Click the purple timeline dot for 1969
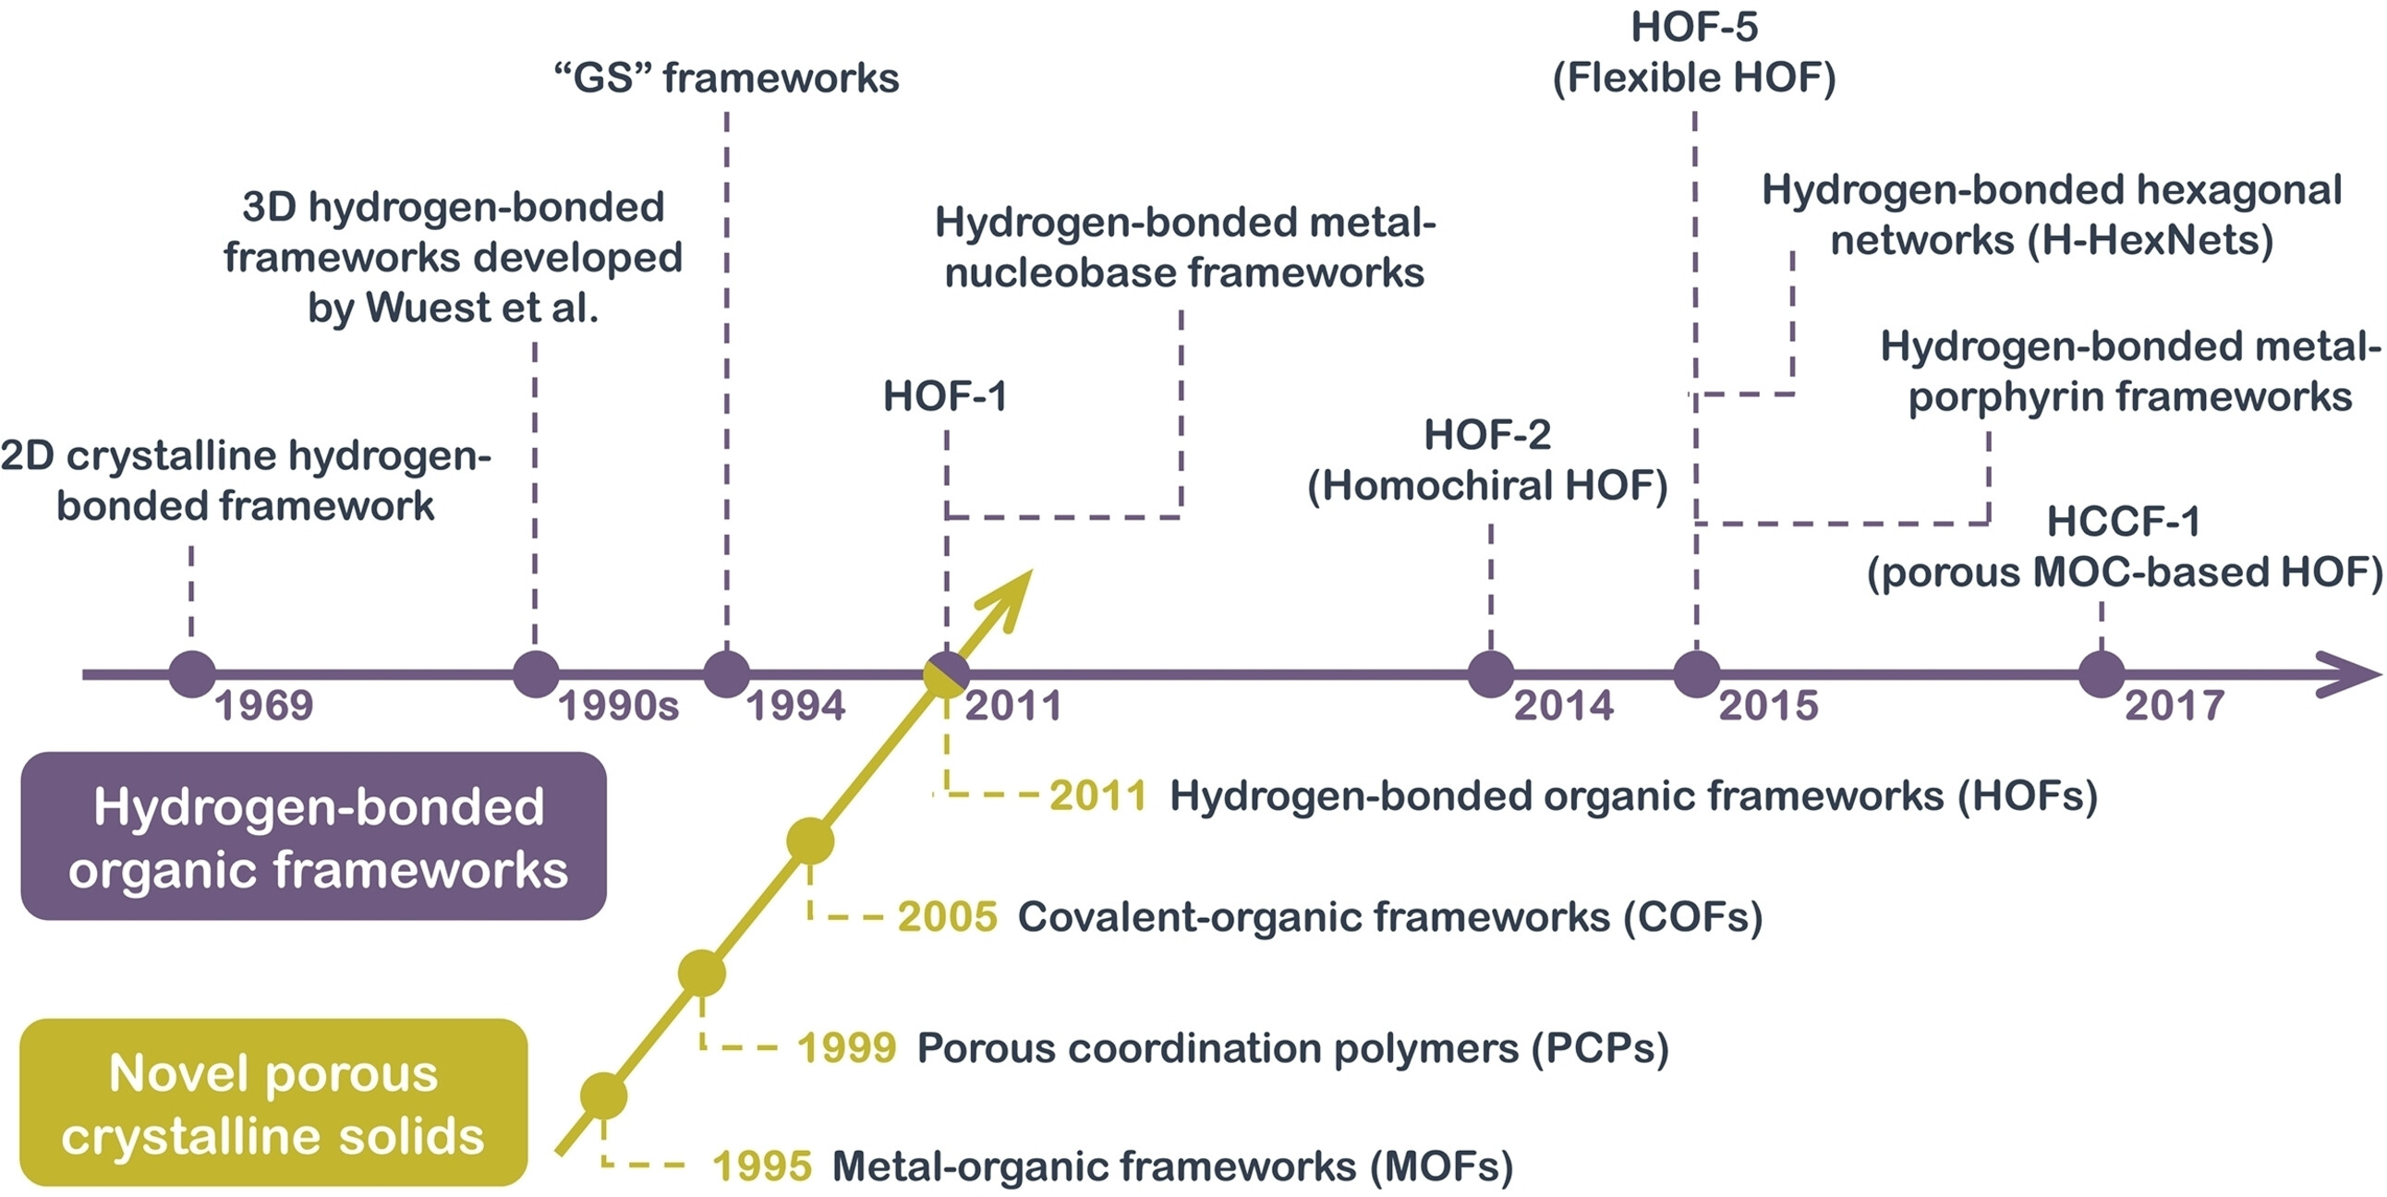point(192,673)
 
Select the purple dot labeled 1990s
point(536,673)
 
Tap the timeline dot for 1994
point(726,673)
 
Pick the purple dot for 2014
point(1490,673)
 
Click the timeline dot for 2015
point(1696,673)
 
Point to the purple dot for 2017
point(2101,673)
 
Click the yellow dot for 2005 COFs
point(810,841)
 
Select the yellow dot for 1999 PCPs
point(701,973)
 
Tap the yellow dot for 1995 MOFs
point(603,1096)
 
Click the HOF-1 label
point(944,396)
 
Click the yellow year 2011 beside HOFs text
point(1098,796)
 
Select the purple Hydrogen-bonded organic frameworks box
point(313,836)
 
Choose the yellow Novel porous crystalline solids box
point(273,1103)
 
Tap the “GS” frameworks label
point(726,78)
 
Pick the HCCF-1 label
point(2122,522)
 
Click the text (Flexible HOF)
point(1694,78)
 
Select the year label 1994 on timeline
point(795,706)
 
